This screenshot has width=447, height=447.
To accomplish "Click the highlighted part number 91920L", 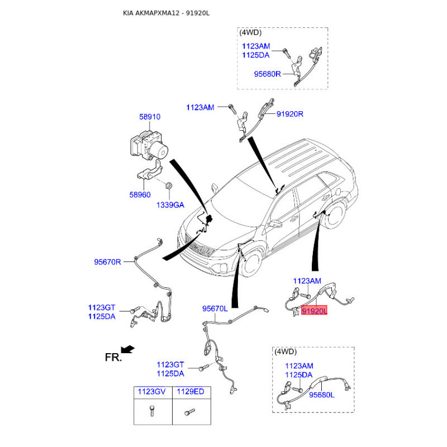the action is pyautogui.click(x=314, y=311).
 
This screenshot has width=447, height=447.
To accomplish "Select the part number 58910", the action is pyautogui.click(x=150, y=117).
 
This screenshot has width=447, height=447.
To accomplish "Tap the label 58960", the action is pyautogui.click(x=140, y=194).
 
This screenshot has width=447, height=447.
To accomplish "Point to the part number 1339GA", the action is pyautogui.click(x=170, y=205).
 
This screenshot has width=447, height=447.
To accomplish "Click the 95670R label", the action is pyautogui.click(x=107, y=261).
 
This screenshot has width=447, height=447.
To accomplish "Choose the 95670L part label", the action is pyautogui.click(x=215, y=308).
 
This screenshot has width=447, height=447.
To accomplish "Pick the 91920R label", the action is pyautogui.click(x=290, y=114).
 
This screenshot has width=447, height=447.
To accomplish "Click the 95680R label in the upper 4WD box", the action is pyautogui.click(x=268, y=74).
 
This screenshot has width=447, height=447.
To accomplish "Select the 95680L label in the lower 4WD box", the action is pyautogui.click(x=322, y=395).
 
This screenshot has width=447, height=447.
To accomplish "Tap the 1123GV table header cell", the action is pyautogui.click(x=153, y=392).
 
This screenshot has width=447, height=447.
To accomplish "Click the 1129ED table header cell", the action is pyautogui.click(x=192, y=392).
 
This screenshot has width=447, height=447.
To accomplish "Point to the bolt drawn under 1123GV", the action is pyautogui.click(x=152, y=411).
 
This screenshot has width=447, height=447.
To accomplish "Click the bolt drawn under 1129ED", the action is pyautogui.click(x=189, y=412).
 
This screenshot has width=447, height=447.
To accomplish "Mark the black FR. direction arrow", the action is pyautogui.click(x=127, y=349).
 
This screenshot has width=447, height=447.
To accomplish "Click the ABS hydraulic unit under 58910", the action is pyautogui.click(x=149, y=144).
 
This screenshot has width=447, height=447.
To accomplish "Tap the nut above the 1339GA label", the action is pyautogui.click(x=169, y=186).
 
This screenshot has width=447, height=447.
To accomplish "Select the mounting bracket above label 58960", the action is pyautogui.click(x=150, y=172).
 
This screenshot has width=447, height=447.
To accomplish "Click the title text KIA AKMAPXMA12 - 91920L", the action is pyautogui.click(x=166, y=13).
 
